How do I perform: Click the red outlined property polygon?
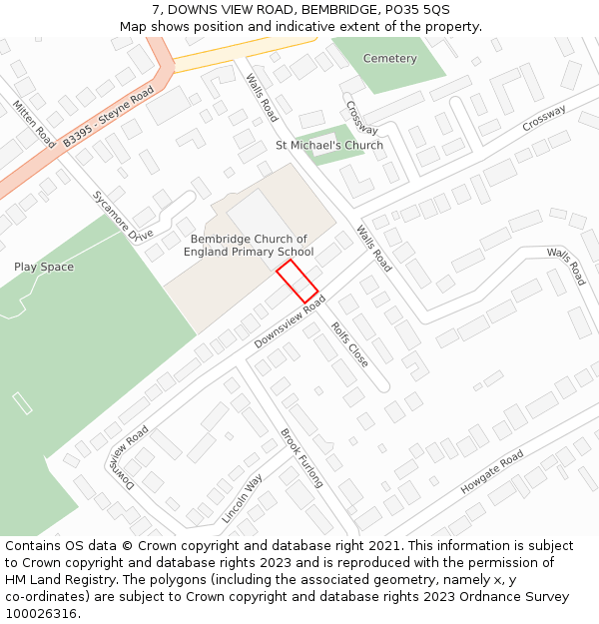(x=298, y=281)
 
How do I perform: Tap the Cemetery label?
(x=389, y=59)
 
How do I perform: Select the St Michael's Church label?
(x=329, y=145)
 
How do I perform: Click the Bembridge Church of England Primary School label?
(x=249, y=246)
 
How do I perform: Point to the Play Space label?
(x=44, y=267)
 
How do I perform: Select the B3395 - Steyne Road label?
(x=108, y=118)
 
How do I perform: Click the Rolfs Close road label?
(x=349, y=343)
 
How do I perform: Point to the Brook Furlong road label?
(x=301, y=458)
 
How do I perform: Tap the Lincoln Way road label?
(x=242, y=498)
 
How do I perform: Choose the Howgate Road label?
(x=492, y=472)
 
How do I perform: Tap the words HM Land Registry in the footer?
(x=54, y=579)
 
